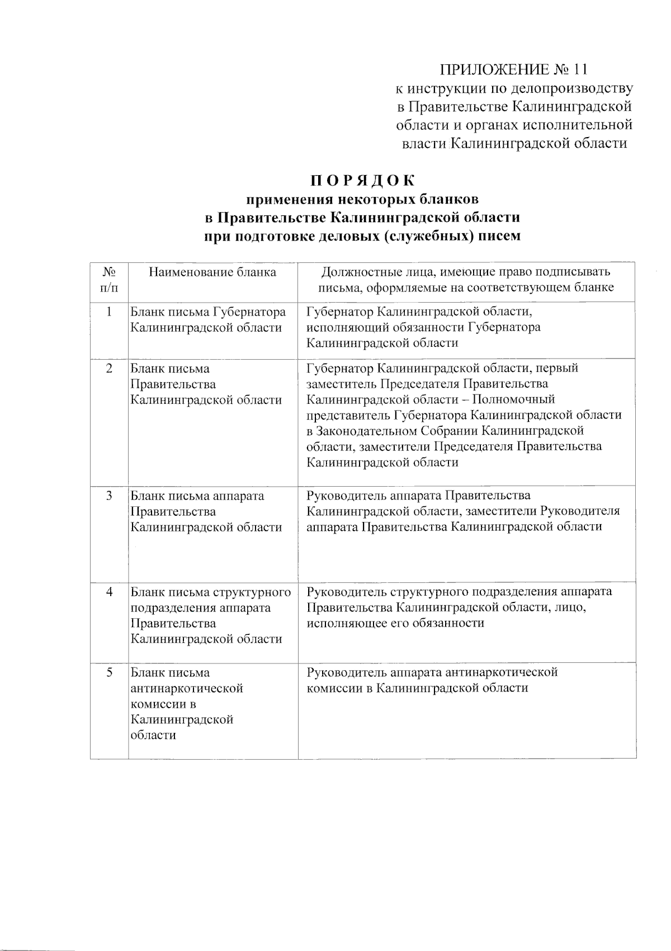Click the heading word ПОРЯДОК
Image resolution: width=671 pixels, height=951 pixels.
[363, 181]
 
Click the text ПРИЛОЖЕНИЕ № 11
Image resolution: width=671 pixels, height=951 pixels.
[514, 69]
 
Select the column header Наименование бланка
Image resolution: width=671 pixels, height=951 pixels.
[212, 272]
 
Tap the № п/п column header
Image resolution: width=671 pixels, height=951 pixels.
[110, 280]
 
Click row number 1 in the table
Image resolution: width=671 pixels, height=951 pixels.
[110, 312]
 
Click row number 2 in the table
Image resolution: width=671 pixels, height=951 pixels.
[110, 368]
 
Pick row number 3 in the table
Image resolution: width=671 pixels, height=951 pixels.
[110, 496]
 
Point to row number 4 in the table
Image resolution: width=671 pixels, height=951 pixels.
[110, 592]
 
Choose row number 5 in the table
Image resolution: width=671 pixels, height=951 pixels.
[110, 672]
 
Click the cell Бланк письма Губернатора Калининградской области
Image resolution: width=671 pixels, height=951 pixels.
[207, 319]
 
